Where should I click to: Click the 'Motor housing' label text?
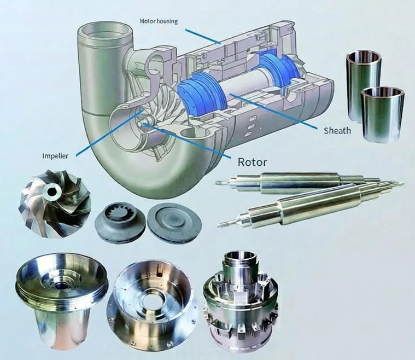coord(159,21)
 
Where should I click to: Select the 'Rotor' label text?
coord(253,162)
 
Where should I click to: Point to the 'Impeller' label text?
coord(56,155)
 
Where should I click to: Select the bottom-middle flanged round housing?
coord(148,301)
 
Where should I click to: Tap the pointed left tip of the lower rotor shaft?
coord(220,224)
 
